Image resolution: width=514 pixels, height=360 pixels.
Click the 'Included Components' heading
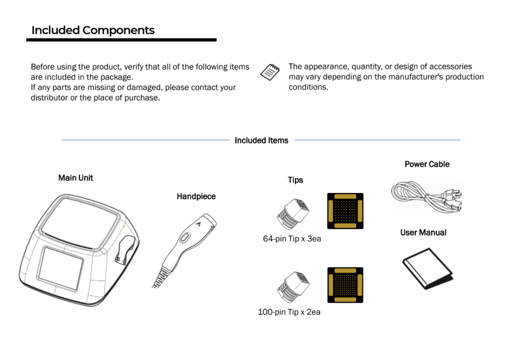click(93, 30)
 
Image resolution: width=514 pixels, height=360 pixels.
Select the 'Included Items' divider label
click(261, 140)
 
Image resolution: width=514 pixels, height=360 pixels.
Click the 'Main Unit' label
click(75, 178)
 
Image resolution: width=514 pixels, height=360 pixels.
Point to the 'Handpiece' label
click(196, 196)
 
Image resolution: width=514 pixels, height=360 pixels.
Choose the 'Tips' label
click(296, 180)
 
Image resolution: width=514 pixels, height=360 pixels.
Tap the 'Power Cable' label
click(427, 164)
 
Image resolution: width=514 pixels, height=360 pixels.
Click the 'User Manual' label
click(423, 233)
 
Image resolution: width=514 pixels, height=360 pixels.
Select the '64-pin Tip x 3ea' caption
click(292, 238)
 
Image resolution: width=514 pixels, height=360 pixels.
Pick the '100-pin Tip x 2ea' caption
click(289, 312)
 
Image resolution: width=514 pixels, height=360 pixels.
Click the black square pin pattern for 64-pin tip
click(345, 211)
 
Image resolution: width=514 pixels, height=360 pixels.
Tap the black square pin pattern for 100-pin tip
click(345, 285)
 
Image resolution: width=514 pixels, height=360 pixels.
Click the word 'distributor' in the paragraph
click(52, 97)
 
